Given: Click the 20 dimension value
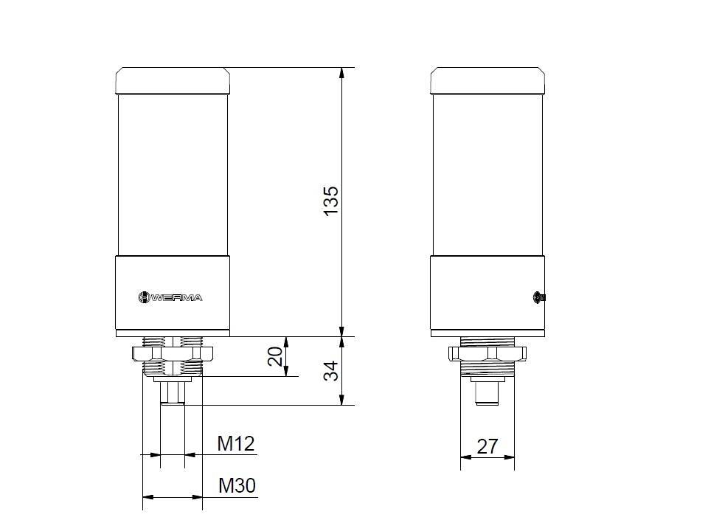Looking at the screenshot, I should pos(275,357).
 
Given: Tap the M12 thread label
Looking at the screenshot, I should pos(235,444).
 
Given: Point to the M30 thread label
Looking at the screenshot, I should pos(237,486).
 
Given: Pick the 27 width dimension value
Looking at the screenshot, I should pos(487,446).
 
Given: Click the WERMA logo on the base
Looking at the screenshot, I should pos(170,297).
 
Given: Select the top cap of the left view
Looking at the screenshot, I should pos(172,81).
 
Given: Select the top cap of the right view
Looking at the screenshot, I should pos(487,81).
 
